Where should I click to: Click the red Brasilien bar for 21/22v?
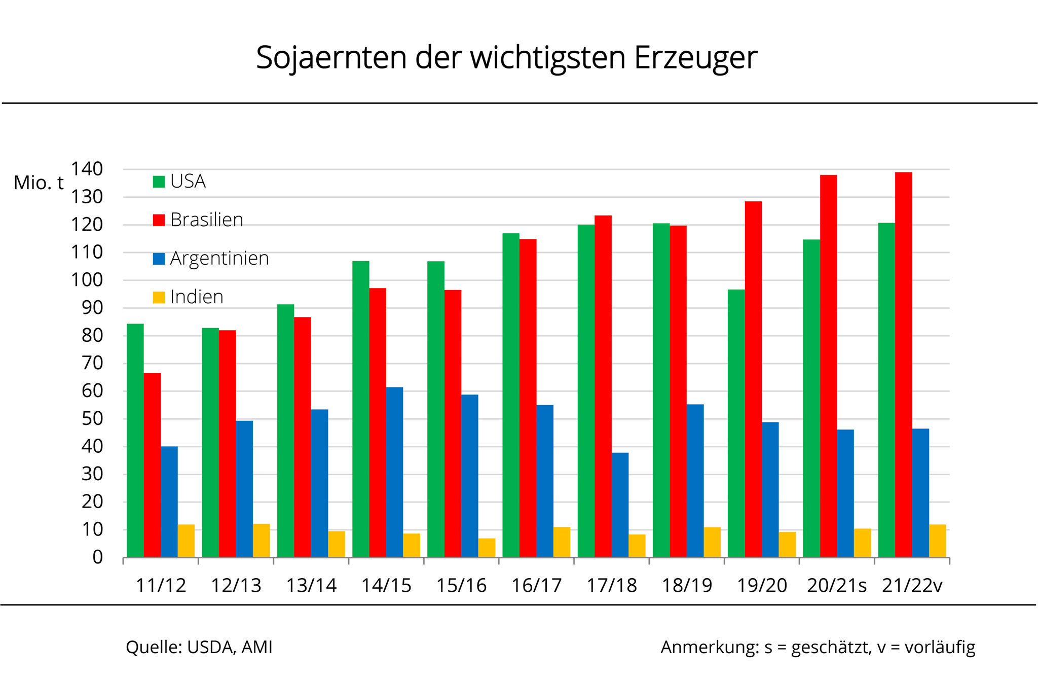[903, 365]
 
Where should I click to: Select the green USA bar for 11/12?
[135, 440]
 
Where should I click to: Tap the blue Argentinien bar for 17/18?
[620, 505]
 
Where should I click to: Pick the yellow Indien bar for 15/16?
[487, 548]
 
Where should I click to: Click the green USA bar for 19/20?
[736, 423]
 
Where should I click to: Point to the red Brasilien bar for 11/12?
[152, 465]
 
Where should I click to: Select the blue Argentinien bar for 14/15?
[394, 472]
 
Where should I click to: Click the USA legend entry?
[179, 182]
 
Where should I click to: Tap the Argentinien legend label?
[219, 259]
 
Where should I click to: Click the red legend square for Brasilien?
[159, 220]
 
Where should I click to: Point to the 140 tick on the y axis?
[87, 169]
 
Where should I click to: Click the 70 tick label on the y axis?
[92, 363]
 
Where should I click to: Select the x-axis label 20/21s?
[837, 586]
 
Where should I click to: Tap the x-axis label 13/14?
[311, 586]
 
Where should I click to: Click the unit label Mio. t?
[39, 183]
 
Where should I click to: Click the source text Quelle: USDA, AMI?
[199, 648]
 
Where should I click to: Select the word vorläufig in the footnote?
[940, 648]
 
